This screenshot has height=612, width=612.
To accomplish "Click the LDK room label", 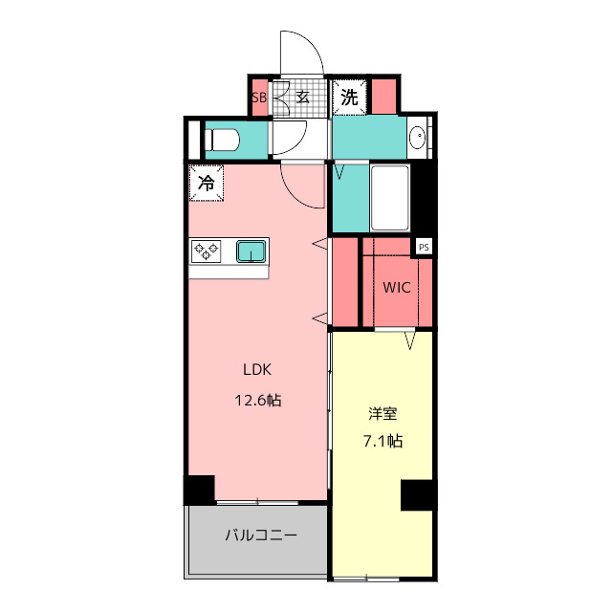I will [x=258, y=370].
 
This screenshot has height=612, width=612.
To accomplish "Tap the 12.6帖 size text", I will [x=258, y=401].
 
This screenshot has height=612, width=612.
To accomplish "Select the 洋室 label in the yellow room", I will [x=382, y=414].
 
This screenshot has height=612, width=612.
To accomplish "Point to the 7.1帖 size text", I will [x=382, y=441].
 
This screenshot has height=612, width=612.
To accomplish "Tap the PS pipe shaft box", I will [x=424, y=247].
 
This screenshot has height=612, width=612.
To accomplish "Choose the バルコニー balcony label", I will [x=261, y=535].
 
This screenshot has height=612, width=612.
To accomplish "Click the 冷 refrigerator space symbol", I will [x=207, y=183].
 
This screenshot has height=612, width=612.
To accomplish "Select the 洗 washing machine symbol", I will [x=350, y=97].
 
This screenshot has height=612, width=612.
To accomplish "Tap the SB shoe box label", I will [x=258, y=97].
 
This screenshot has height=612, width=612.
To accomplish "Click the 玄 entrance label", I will [x=302, y=97].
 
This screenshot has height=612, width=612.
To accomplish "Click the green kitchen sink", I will [x=251, y=251].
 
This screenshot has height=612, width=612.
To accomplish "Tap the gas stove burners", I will [x=206, y=251].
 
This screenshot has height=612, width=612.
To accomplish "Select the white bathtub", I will [x=390, y=198].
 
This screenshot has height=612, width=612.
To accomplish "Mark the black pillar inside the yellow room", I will [x=418, y=495].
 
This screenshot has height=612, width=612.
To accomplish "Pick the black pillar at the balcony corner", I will [x=199, y=489].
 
